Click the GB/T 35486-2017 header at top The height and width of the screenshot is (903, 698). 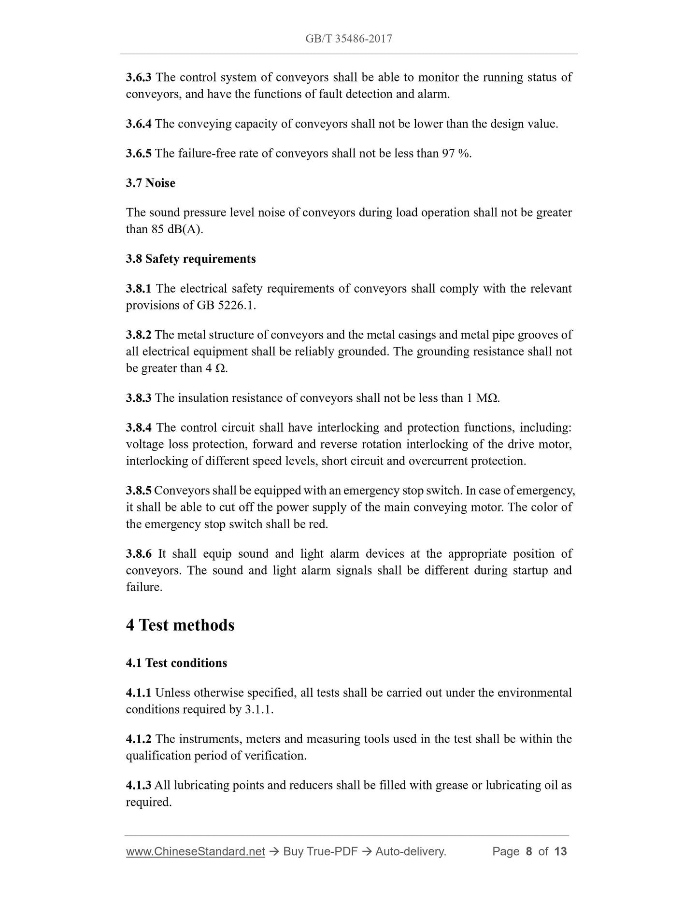tap(348, 39)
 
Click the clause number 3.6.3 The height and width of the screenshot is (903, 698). tap(139, 77)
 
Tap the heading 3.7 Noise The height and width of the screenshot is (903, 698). tap(150, 183)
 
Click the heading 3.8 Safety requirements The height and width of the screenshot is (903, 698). tap(191, 259)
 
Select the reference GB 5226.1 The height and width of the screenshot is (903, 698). tap(226, 306)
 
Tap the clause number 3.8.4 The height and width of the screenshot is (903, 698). tap(139, 428)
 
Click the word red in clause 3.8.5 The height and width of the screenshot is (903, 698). tap(317, 524)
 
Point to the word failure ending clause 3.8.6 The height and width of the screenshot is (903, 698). tap(143, 587)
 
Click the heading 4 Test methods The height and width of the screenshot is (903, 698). tap(180, 625)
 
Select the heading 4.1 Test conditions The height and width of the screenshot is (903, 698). tap(176, 663)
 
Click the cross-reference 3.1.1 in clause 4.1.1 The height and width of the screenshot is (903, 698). tap(259, 709)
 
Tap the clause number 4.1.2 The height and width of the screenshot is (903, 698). tap(139, 739)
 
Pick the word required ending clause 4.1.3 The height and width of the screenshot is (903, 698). tap(148, 802)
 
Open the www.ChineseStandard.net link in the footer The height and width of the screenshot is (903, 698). tap(196, 851)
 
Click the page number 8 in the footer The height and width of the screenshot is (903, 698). tap(529, 851)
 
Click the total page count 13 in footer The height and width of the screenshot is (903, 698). tap(560, 851)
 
